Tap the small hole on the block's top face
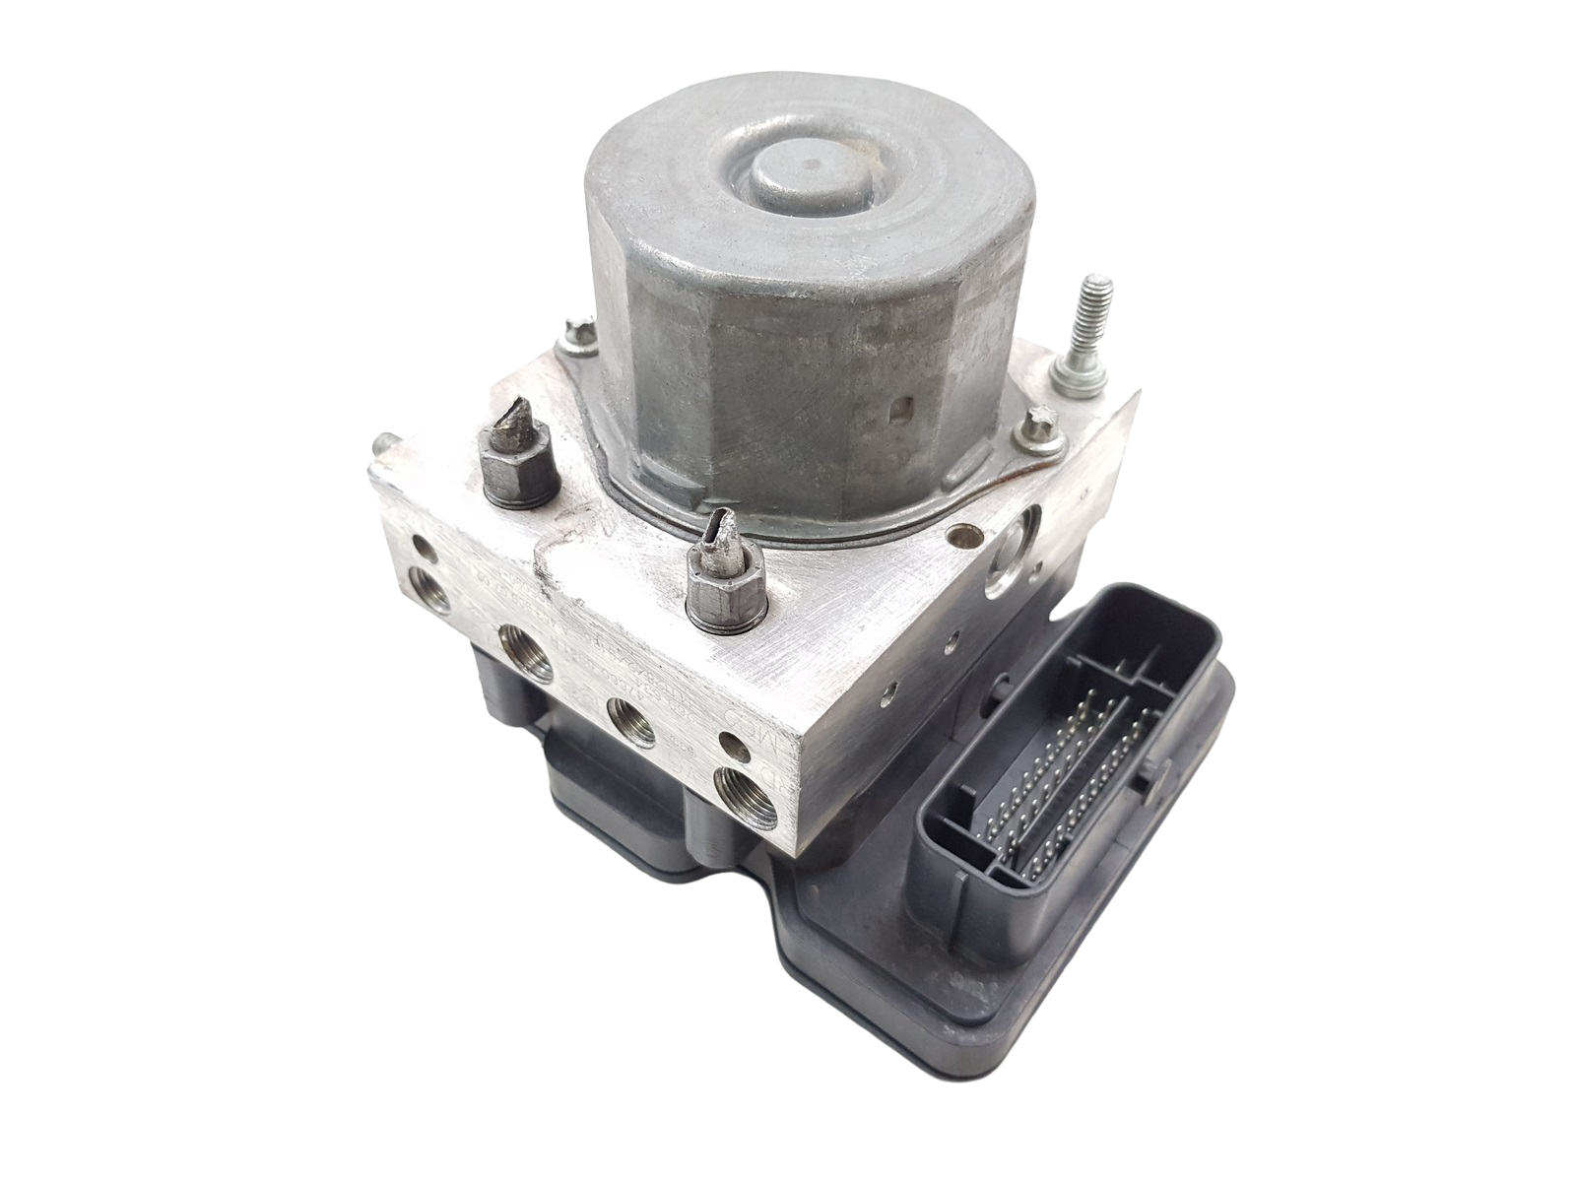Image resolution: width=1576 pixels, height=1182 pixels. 952,537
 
